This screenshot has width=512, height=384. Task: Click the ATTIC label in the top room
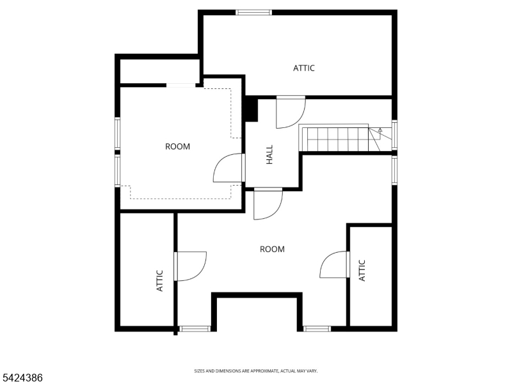click(304, 68)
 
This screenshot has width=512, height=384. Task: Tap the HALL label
click(269, 154)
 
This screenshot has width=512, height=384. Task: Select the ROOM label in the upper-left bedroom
click(177, 147)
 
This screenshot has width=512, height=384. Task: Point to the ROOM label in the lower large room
click(272, 249)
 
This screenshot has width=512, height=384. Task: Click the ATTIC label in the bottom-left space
click(160, 280)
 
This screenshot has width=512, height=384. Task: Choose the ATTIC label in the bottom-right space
click(362, 269)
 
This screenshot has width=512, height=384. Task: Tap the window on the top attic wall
click(254, 12)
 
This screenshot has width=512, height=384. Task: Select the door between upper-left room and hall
click(229, 168)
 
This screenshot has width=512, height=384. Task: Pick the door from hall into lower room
click(268, 204)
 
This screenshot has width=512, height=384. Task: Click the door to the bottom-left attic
click(189, 266)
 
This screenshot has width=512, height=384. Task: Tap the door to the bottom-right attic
click(334, 264)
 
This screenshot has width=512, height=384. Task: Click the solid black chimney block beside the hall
click(251, 109)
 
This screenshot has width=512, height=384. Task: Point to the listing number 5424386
click(22, 378)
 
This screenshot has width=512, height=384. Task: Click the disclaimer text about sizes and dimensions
click(256, 371)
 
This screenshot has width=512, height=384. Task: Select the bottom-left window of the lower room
click(195, 329)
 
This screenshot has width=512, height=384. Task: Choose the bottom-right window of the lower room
click(317, 329)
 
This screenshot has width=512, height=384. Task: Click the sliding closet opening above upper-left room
click(182, 84)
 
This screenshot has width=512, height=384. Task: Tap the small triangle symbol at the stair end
click(380, 131)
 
